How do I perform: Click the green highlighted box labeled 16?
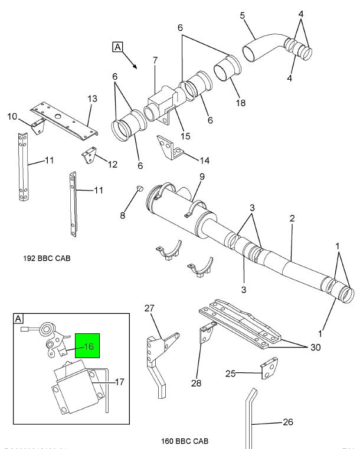(x=88, y=347)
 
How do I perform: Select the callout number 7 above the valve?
(x=155, y=61)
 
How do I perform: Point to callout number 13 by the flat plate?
(x=92, y=99)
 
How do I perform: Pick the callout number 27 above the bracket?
(x=149, y=308)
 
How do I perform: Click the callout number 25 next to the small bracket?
(x=231, y=373)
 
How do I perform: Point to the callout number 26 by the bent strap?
(x=287, y=422)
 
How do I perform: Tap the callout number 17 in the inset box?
(x=119, y=382)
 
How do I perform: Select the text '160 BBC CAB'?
(x=184, y=441)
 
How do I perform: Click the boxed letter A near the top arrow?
(x=117, y=47)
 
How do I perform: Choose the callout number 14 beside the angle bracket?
(x=204, y=160)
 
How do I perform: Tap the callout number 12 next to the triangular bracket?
(x=112, y=164)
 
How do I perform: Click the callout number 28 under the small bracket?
(x=195, y=384)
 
